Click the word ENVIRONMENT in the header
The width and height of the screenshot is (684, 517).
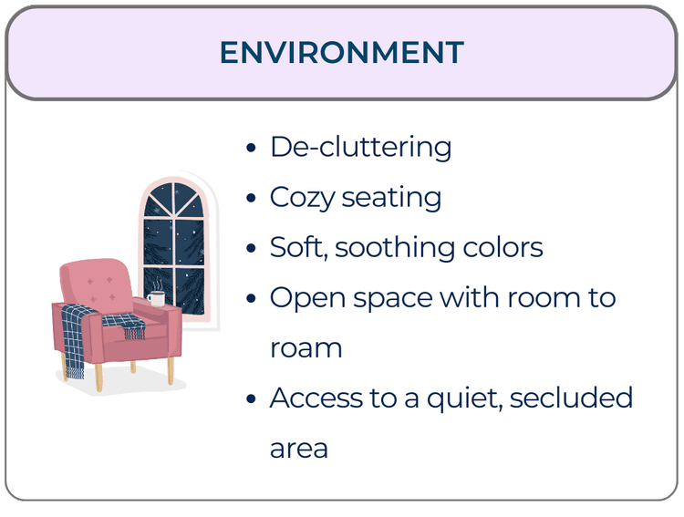[341, 52]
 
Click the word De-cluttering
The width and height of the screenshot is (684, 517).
[360, 148]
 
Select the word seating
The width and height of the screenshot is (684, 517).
[391, 199]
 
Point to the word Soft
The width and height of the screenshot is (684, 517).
[298, 247]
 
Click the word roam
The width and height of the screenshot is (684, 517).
[306, 348]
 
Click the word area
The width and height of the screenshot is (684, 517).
[298, 449]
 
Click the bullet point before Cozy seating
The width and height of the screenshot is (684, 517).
[251, 200]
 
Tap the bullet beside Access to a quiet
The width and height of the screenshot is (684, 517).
[251, 399]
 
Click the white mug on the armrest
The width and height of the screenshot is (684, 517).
[156, 299]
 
